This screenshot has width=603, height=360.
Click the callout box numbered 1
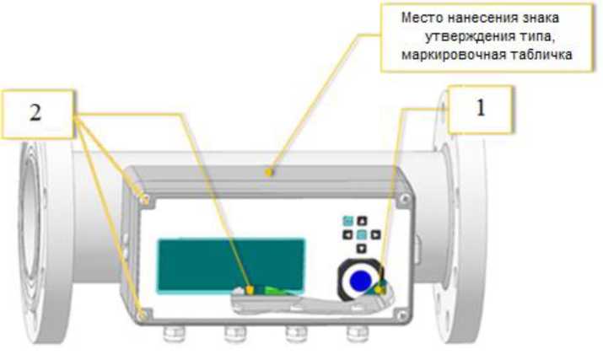coord(481,110)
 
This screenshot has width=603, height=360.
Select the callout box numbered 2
coord(37,114)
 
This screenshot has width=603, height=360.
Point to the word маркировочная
coord(454,55)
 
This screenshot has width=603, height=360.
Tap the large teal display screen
coord(232,266)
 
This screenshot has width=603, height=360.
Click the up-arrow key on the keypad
coord(362,221)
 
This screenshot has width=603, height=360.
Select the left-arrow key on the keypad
coord(347,234)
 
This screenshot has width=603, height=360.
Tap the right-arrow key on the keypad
coord(376,234)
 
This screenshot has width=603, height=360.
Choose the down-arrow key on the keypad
coord(362,248)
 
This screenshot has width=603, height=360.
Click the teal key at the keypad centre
coord(362,234)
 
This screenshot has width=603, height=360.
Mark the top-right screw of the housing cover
coord(405,199)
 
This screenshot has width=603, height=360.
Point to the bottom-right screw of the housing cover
coord(402,316)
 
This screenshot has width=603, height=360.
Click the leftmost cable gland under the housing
coord(173,334)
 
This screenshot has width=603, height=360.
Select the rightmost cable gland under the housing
coord(357,334)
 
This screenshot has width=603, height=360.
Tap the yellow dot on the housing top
coord(270,172)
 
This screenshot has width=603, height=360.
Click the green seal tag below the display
coord(276,290)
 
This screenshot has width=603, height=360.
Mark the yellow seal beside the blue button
coord(380,290)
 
